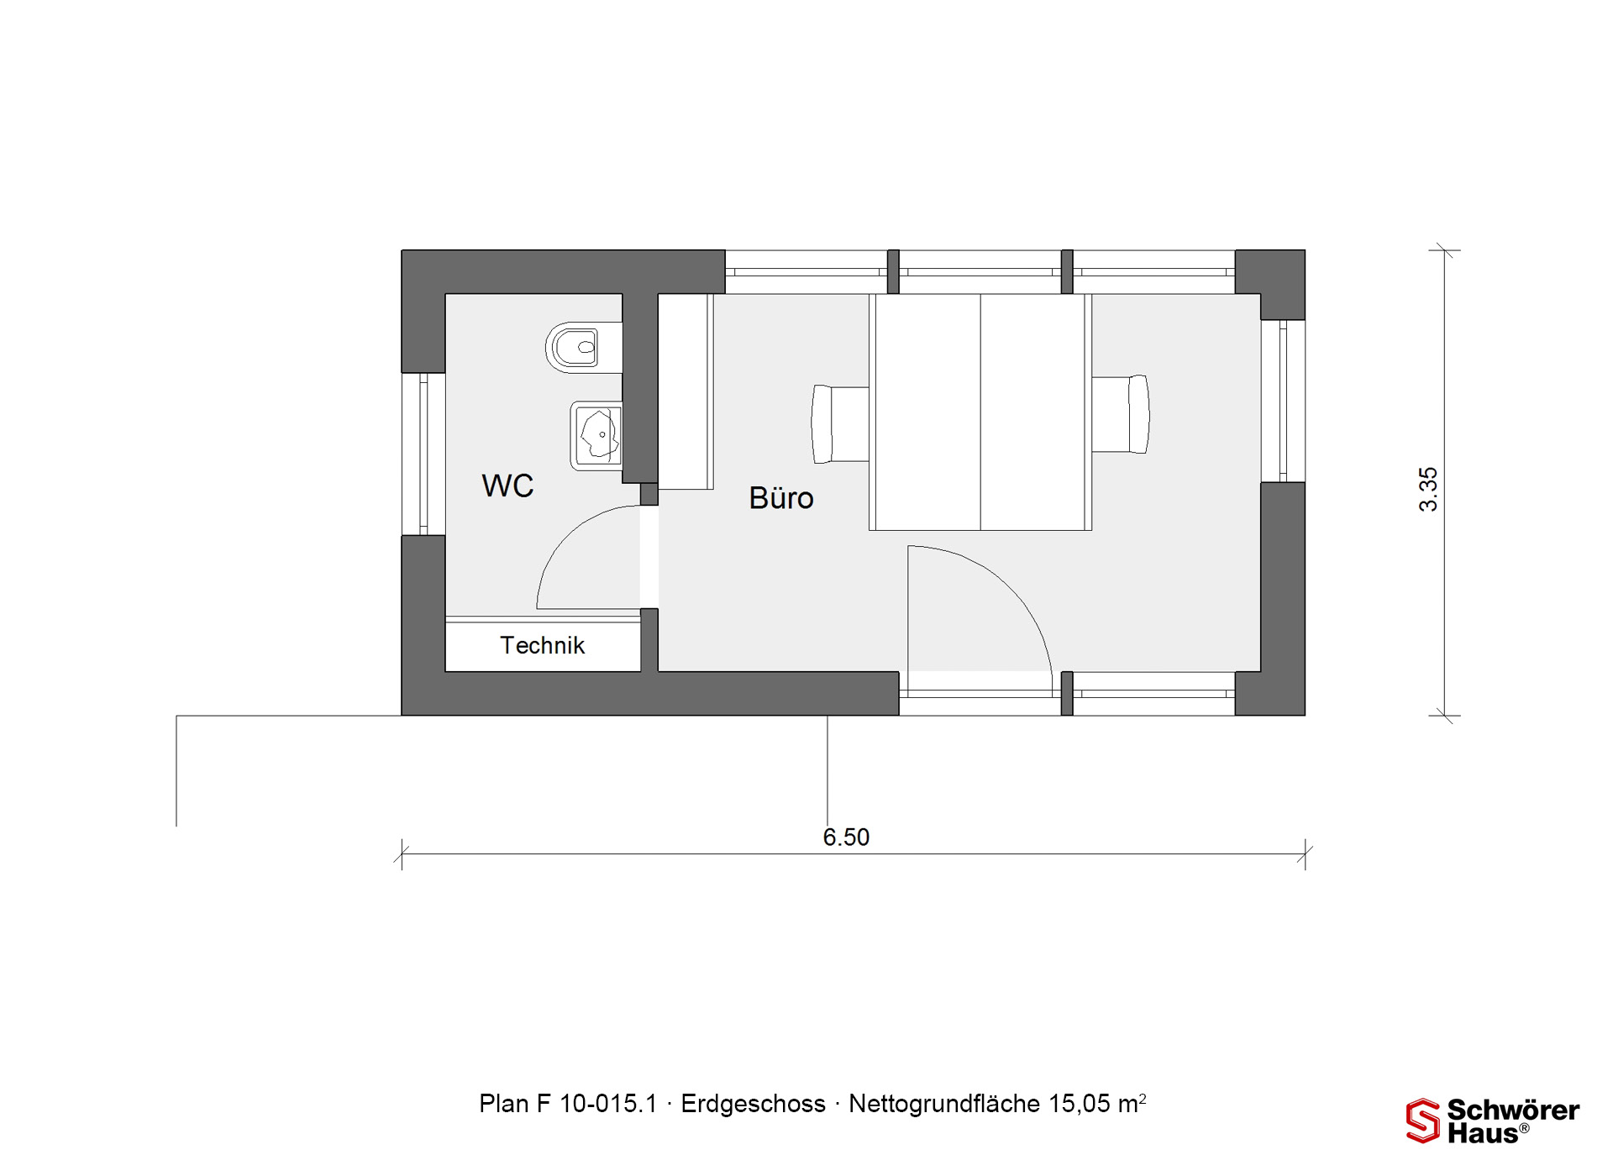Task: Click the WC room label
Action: coord(507,486)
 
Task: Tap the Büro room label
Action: coord(781,498)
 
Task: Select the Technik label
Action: coord(542,645)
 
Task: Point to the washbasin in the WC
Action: coord(596,435)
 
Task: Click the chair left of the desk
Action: coord(840,424)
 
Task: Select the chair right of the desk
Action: coord(1121,414)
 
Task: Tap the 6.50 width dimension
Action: coord(846,837)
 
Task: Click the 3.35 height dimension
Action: coord(1428,489)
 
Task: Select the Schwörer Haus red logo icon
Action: coord(1423,1121)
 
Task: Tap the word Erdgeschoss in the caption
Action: coord(753,1104)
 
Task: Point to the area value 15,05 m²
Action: coord(1096,1103)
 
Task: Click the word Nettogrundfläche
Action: coord(944,1104)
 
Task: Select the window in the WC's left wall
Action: coord(423,454)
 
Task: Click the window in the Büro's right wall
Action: coord(1283,402)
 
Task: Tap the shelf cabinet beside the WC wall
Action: coord(686,391)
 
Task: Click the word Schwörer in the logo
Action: coord(1513,1110)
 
